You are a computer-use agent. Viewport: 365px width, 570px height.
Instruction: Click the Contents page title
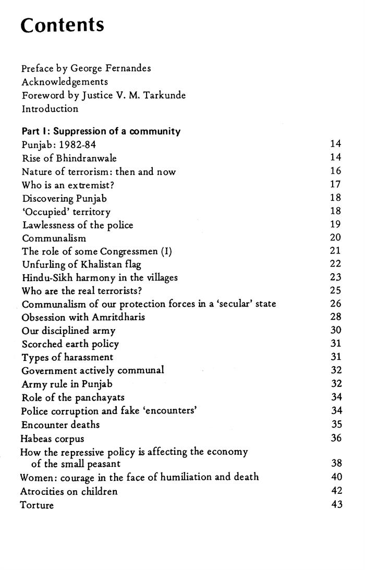[x=63, y=26]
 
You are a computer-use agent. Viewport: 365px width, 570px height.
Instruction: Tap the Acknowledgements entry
[x=65, y=82]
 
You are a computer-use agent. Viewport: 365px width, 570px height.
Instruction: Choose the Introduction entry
[x=50, y=109]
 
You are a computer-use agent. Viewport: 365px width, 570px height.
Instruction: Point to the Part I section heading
[x=101, y=131]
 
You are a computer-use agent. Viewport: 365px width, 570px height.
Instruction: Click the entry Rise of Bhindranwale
[x=69, y=158]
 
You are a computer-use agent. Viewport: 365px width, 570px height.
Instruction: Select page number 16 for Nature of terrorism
[x=336, y=171]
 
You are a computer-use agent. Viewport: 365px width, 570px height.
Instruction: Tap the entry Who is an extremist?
[x=65, y=185]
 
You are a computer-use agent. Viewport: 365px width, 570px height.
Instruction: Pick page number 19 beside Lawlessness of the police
[x=336, y=225]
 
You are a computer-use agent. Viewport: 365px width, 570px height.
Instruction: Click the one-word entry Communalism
[x=54, y=238]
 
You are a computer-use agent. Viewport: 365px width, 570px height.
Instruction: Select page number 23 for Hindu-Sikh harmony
[x=336, y=278]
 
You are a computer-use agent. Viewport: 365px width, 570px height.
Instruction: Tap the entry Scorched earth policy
[x=70, y=344]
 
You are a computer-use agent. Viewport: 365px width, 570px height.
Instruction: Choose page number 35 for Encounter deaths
[x=336, y=424]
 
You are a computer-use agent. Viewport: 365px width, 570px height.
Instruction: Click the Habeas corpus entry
[x=52, y=439]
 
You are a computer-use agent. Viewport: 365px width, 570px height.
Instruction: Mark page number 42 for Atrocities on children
[x=336, y=491]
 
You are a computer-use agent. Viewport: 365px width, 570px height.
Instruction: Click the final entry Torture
[x=37, y=505]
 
